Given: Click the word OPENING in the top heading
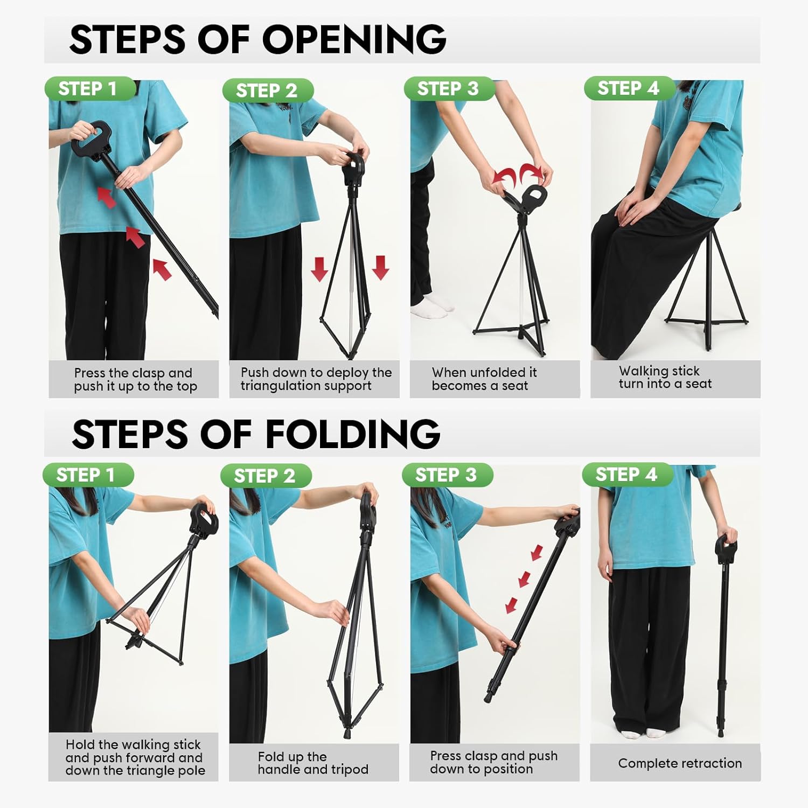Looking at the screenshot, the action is pos(354,39).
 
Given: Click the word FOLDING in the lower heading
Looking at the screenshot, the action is pos(353,434).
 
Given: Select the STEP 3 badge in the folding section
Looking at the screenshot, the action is pos(447,475).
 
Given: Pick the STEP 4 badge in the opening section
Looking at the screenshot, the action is pos(629,88).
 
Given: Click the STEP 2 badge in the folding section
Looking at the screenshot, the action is pos(266,476).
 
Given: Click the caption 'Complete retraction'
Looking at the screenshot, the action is pos(680,763).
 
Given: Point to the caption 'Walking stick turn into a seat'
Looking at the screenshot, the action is pos(665,377).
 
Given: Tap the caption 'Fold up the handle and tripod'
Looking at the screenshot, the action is pos(313,763).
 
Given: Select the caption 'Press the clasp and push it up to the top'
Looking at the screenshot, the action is pos(136,380).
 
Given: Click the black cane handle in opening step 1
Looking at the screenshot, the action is pos(91,138).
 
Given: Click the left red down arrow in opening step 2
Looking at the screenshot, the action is pos(319,268).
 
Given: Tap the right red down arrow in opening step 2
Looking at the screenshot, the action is pos(380,268).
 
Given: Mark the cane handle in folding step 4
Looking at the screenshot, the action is pos(726,548).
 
